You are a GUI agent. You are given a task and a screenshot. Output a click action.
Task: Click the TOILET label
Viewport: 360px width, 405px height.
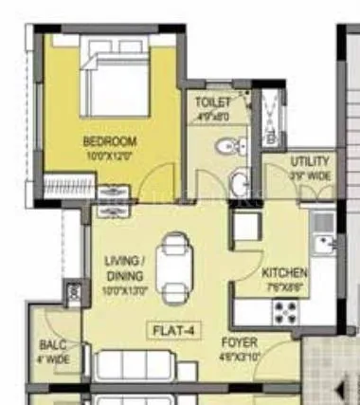(212, 101)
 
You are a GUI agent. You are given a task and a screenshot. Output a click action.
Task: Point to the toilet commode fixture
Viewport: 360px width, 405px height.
(228, 145)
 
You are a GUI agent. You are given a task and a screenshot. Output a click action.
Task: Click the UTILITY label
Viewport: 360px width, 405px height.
(310, 161)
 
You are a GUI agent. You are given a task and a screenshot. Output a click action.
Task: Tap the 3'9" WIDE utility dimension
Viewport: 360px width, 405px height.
(310, 175)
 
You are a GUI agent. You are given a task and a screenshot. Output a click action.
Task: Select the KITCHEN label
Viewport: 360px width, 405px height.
(284, 272)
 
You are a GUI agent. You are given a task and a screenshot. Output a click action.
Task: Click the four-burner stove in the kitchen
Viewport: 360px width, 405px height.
(285, 309)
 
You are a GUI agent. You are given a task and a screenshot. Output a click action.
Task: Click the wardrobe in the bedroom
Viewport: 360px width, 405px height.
(70, 186)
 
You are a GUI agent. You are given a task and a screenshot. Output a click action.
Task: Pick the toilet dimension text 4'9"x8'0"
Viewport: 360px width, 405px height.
(212, 116)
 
